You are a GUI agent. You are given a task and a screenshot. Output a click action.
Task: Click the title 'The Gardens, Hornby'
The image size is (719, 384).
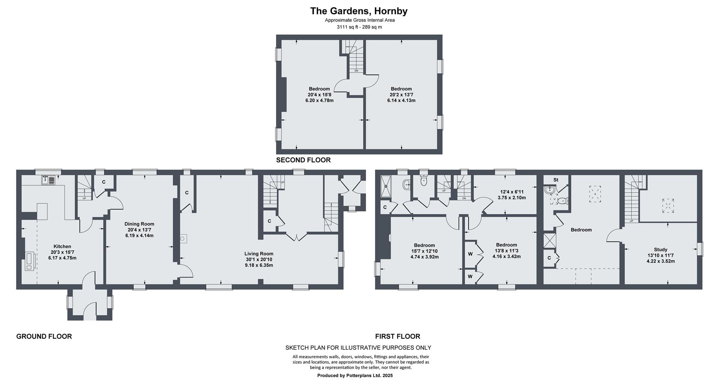[359, 11]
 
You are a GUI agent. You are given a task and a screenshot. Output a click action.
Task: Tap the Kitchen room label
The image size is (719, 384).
[62, 246]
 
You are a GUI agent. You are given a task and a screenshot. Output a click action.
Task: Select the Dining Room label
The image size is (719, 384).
[139, 224]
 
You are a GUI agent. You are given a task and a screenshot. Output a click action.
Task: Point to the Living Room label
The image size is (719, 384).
[259, 254]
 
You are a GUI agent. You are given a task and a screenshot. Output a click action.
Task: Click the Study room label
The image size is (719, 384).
[661, 249]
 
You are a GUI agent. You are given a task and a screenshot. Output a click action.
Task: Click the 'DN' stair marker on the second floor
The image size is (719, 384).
[356, 71]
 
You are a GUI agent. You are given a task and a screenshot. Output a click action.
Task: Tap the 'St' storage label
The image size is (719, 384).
[556, 180]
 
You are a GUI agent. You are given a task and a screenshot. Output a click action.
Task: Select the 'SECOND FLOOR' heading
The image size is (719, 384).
[303, 160]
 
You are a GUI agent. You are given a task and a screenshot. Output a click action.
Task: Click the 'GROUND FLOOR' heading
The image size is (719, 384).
[44, 336]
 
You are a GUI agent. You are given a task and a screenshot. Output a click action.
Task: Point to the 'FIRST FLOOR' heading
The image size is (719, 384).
[398, 336]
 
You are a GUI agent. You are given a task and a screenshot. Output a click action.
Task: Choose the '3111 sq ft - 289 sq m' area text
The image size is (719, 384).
[359, 27]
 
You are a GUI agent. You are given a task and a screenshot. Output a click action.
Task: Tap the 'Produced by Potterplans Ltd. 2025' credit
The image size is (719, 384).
[355, 375]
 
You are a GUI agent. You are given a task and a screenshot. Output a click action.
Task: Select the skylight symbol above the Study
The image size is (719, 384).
[668, 206]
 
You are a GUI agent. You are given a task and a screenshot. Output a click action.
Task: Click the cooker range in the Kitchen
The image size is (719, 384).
[30, 261]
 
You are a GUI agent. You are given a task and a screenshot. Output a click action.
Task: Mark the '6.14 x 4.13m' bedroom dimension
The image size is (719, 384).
[401, 100]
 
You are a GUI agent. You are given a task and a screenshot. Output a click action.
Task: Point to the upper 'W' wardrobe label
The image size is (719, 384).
[470, 254]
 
